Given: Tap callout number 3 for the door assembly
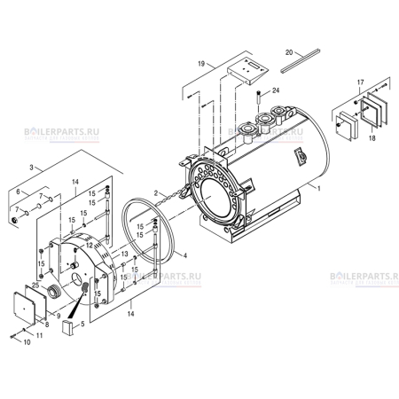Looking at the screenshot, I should (x=33, y=166).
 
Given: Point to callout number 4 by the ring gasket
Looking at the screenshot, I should (x=185, y=255).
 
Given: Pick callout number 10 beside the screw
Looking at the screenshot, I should (x=26, y=340).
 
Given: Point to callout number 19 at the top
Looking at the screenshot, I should (x=202, y=64).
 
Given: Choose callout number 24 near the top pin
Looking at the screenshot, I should (x=276, y=90).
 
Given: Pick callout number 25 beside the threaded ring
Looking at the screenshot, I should (x=35, y=285).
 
